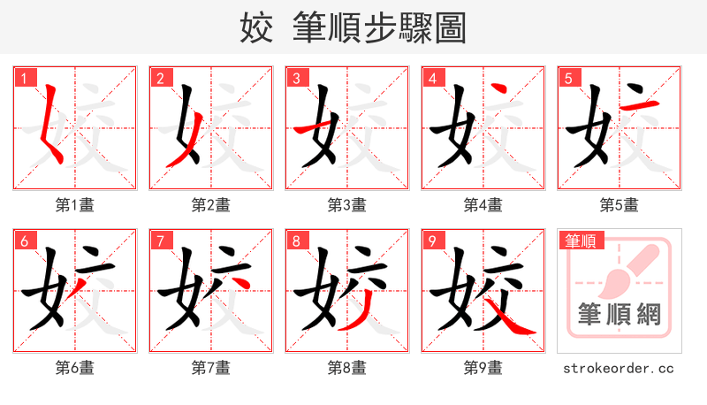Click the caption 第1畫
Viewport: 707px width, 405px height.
[75, 205]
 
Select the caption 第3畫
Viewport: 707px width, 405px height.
[347, 205]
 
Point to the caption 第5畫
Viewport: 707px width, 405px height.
[620, 205]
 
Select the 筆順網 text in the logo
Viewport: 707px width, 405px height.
[619, 314]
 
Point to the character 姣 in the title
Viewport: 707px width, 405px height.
[257, 28]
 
